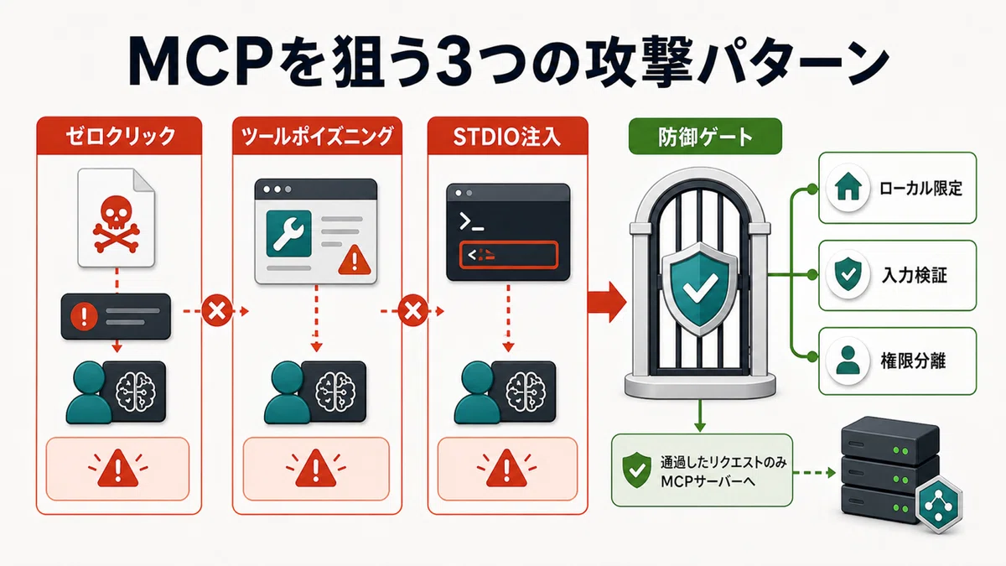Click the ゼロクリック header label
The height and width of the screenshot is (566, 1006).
click(121, 137)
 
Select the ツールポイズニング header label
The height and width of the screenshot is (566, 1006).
click(317, 137)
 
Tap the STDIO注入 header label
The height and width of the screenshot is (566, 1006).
click(507, 137)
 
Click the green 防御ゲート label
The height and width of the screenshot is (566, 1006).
click(705, 137)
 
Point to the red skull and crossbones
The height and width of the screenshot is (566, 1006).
click(117, 223)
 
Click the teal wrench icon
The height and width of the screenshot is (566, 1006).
click(288, 234)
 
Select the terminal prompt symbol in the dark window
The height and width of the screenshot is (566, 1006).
click(471, 222)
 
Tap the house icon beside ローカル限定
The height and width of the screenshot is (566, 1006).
click(848, 187)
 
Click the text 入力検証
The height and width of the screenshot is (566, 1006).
click(915, 275)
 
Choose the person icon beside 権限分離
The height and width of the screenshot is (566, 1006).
click(848, 361)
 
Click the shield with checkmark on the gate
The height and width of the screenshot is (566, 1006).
click(700, 288)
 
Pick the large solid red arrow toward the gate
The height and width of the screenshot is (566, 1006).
click(607, 302)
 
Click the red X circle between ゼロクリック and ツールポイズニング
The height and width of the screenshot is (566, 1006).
click(217, 311)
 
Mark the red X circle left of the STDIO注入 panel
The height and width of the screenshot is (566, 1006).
click(412, 311)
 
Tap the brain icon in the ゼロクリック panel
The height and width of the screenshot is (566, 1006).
click(135, 392)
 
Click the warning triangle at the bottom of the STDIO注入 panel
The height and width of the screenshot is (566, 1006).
click(506, 468)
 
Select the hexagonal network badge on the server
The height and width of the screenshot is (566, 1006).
click(940, 506)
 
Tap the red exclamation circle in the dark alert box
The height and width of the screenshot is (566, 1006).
click(84, 316)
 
